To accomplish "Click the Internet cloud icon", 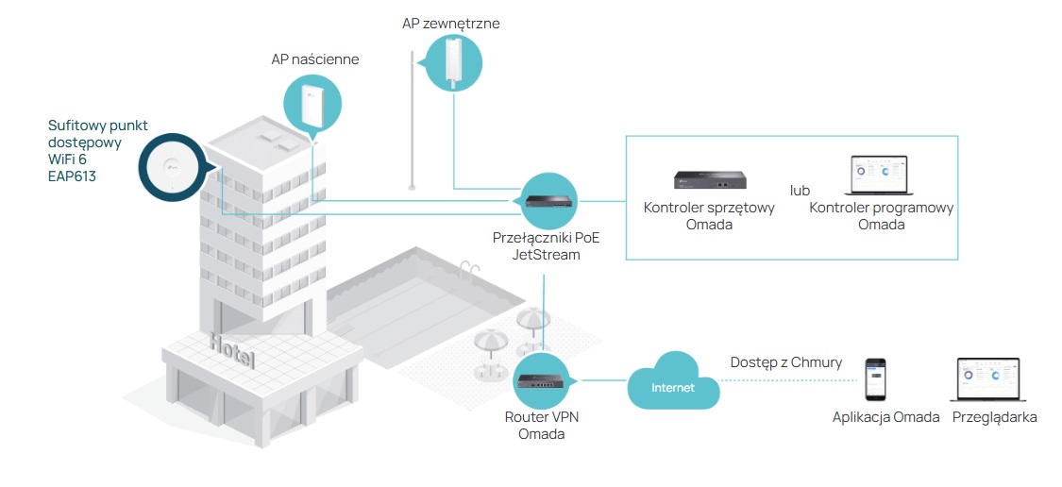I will pyautogui.click(x=673, y=383).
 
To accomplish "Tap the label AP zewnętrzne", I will pyautogui.click(x=450, y=24).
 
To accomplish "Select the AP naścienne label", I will pyautogui.click(x=314, y=60).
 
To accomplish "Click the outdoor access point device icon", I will pyautogui.click(x=455, y=62).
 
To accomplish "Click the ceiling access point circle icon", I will pyautogui.click(x=171, y=168).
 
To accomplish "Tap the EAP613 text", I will pyautogui.click(x=72, y=176).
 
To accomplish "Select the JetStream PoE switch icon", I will pyautogui.click(x=548, y=200).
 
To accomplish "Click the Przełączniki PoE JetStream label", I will pyautogui.click(x=547, y=245).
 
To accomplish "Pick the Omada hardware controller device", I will pyautogui.click(x=708, y=179).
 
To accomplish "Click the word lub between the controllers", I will pyautogui.click(x=801, y=191).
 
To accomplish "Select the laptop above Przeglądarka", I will pyautogui.click(x=988, y=380).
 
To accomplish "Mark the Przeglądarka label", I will pyautogui.click(x=995, y=417).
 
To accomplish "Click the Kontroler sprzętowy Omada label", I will pyautogui.click(x=708, y=216).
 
